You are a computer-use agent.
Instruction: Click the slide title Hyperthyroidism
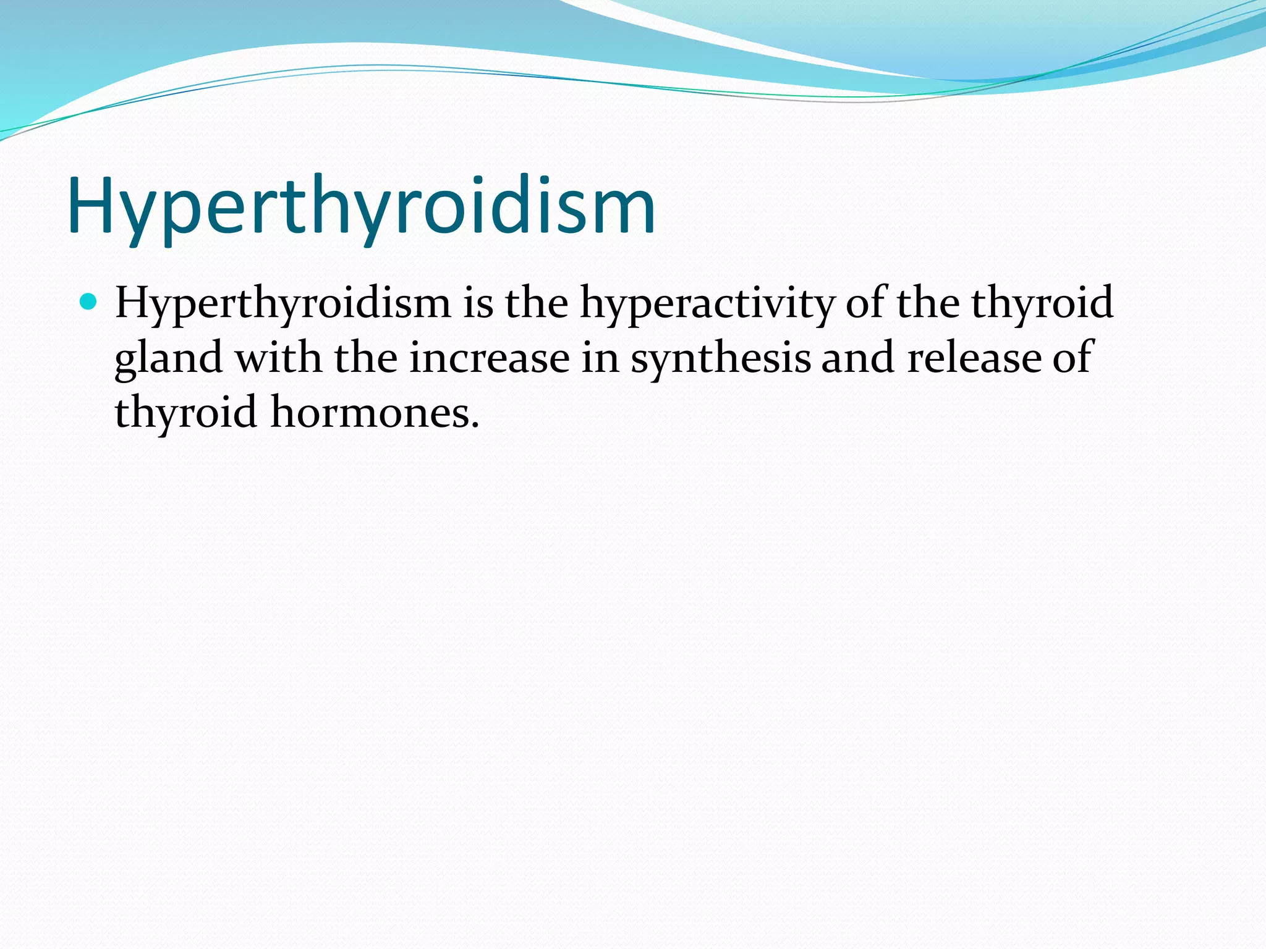pos(361,207)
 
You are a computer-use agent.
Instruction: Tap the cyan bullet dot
pos(89,302)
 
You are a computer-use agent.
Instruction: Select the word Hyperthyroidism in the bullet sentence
pos(283,304)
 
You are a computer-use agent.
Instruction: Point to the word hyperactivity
pos(707,304)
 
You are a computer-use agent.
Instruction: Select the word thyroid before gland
pos(1042,304)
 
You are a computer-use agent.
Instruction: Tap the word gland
pos(168,359)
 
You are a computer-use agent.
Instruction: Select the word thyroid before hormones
pos(185,413)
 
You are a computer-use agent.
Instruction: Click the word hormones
pos(370,411)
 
